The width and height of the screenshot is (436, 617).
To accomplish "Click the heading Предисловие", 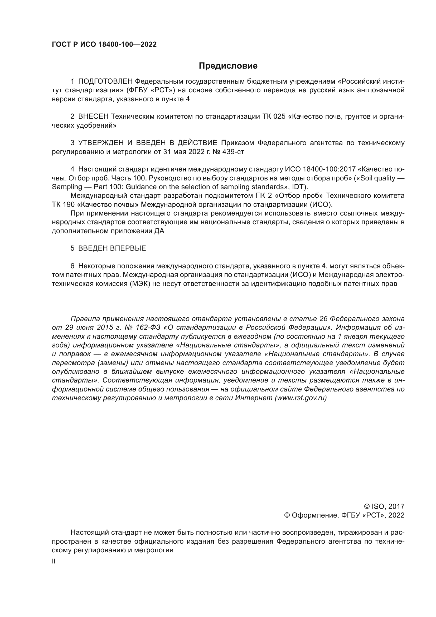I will coord(228,66).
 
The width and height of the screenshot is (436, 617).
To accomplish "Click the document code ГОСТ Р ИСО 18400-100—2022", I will coord(104,44).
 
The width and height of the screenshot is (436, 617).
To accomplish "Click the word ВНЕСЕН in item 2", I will coord(93,116).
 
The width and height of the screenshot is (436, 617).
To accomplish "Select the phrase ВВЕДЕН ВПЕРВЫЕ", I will coord(112,248).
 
